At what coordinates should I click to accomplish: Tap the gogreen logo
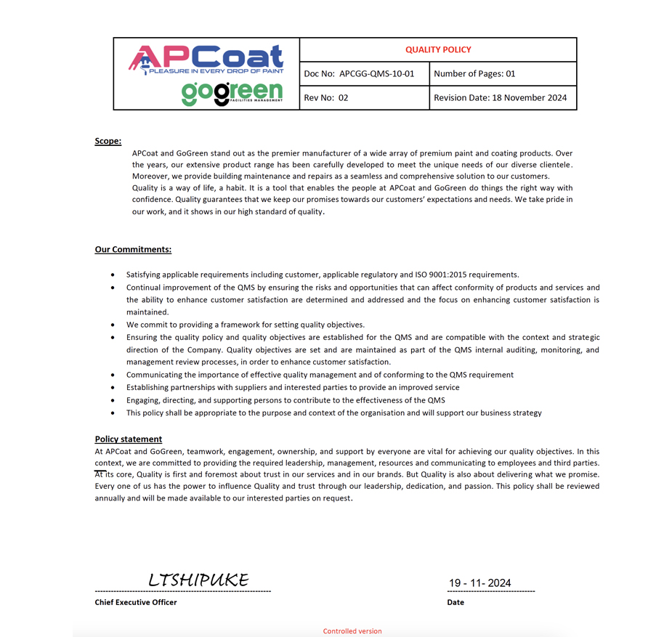[232, 93]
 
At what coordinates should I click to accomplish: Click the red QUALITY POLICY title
[438, 49]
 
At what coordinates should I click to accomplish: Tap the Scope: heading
[108, 141]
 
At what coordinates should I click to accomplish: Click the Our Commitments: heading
[133, 249]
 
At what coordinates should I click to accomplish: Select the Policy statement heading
[129, 439]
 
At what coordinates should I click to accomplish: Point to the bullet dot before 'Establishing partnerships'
[113, 388]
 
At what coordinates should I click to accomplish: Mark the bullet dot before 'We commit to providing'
[113, 325]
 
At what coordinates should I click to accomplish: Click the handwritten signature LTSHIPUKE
[198, 580]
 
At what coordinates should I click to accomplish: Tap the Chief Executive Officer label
[136, 602]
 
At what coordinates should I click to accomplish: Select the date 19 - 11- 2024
[479, 583]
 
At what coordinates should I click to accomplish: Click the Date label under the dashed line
[455, 602]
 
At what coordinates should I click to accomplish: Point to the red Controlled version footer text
[352, 631]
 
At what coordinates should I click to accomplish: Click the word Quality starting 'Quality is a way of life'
[145, 188]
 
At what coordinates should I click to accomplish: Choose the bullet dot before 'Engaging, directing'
[113, 400]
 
